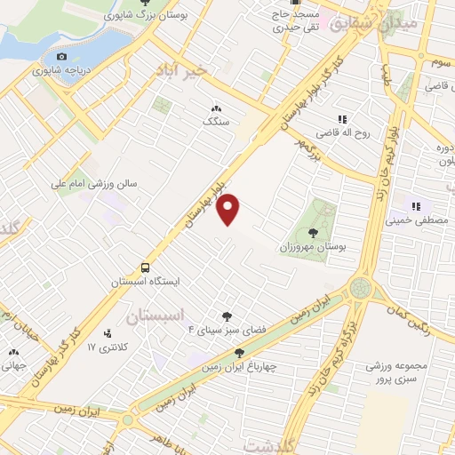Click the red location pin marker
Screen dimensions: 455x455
tap(229, 209)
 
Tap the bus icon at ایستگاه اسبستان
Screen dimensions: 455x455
tap(144, 267)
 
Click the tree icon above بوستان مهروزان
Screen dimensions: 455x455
tap(312, 231)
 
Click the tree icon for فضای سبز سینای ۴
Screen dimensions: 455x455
tap(227, 315)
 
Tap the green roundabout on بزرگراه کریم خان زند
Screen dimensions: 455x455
tap(361, 287)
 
